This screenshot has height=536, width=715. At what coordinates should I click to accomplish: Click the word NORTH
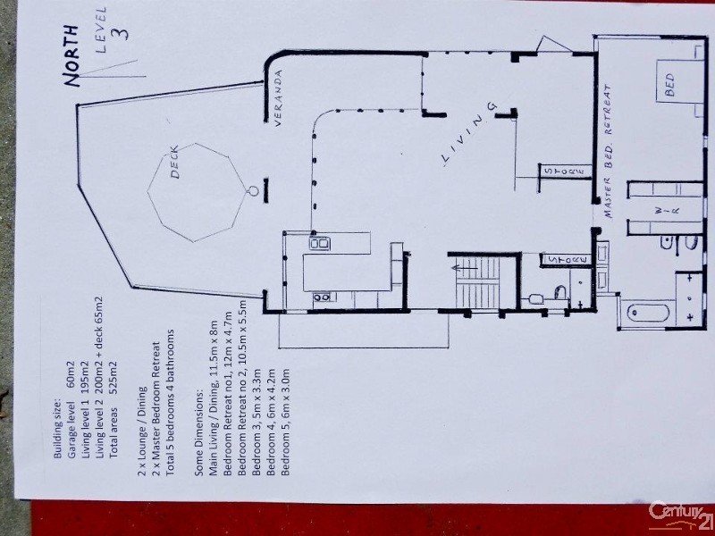tap(71, 55)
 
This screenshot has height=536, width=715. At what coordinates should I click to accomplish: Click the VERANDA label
tap(278, 97)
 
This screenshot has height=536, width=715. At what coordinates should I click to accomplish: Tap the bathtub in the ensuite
tap(648, 313)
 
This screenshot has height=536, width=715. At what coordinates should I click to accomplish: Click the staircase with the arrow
tap(478, 281)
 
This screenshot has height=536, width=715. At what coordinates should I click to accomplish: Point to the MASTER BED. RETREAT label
tap(608, 151)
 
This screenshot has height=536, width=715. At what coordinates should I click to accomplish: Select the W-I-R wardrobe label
tap(668, 210)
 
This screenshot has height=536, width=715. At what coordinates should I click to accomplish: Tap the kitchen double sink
tap(320, 243)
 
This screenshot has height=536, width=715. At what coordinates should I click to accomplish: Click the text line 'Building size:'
tap(57, 429)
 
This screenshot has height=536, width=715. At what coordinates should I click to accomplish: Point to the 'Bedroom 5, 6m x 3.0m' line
tap(285, 422)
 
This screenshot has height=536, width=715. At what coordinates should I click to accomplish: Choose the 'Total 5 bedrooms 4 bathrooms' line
tap(170, 403)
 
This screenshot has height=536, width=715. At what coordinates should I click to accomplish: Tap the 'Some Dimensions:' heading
tap(198, 432)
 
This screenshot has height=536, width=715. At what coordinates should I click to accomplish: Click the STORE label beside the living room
tap(565, 172)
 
